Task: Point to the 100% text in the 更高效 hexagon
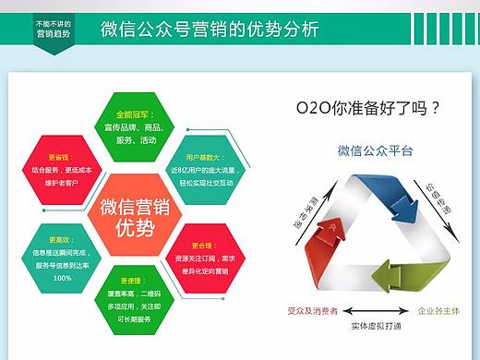[62, 279]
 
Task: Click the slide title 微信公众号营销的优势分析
[210, 29]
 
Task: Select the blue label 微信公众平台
[375, 150]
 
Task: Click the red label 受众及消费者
[313, 310]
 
